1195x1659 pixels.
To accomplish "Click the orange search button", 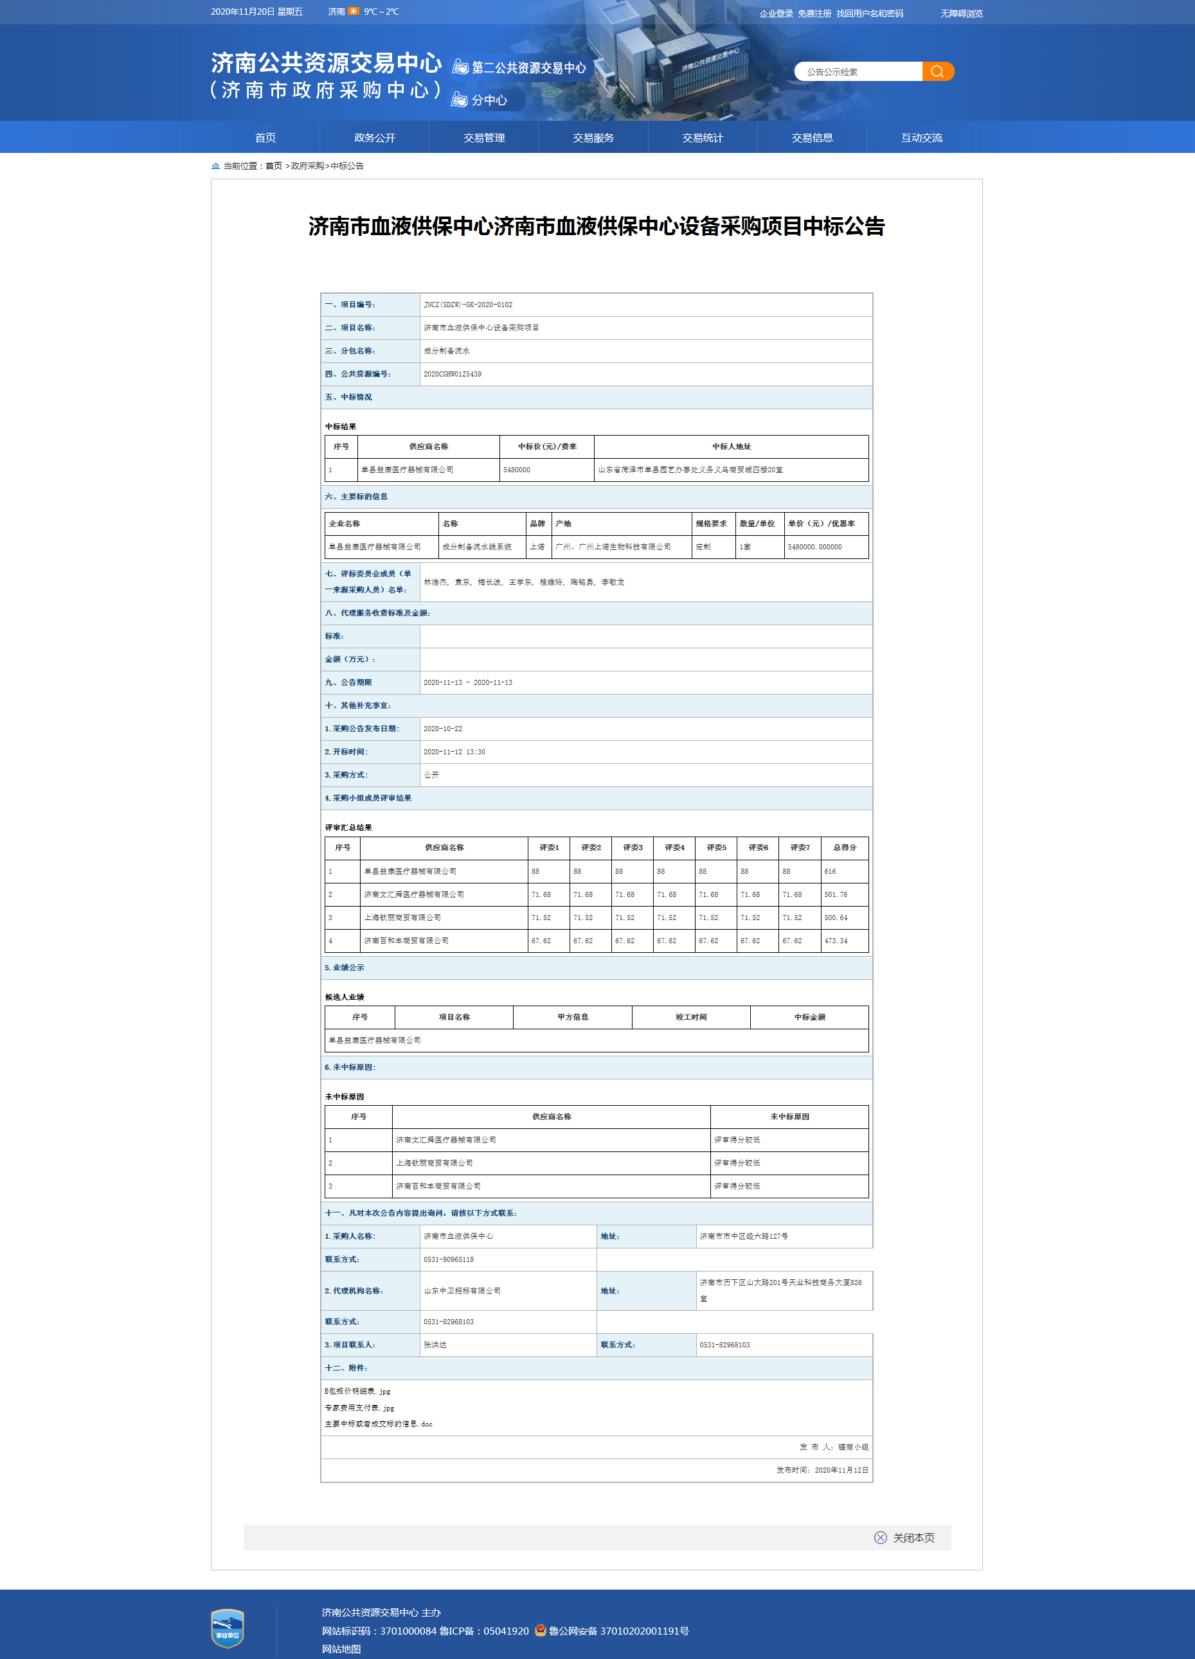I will pyautogui.click(x=937, y=71).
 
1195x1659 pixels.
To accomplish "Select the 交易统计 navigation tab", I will pyautogui.click(x=702, y=138).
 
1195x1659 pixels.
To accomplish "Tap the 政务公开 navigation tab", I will pyautogui.click(x=374, y=138).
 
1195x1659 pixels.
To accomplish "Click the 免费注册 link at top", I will pyautogui.click(x=814, y=13).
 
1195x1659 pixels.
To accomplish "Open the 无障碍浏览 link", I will pyautogui.click(x=961, y=13).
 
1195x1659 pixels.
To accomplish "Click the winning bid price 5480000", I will pyautogui.click(x=517, y=470).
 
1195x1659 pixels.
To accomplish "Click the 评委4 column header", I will pyautogui.click(x=674, y=847).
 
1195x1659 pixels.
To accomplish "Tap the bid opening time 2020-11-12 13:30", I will pyautogui.click(x=454, y=751).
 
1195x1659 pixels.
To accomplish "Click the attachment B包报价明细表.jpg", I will pyautogui.click(x=357, y=1390).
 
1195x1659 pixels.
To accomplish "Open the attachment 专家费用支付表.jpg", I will pyautogui.click(x=359, y=1407).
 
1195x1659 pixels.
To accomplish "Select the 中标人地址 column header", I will pyautogui.click(x=731, y=446).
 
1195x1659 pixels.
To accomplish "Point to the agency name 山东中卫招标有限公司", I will pyautogui.click(x=462, y=1290).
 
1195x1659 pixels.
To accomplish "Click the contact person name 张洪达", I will pyautogui.click(x=435, y=1344).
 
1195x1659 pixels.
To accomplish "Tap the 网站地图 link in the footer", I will pyautogui.click(x=341, y=1649).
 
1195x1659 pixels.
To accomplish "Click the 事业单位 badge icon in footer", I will pyautogui.click(x=227, y=1628).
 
